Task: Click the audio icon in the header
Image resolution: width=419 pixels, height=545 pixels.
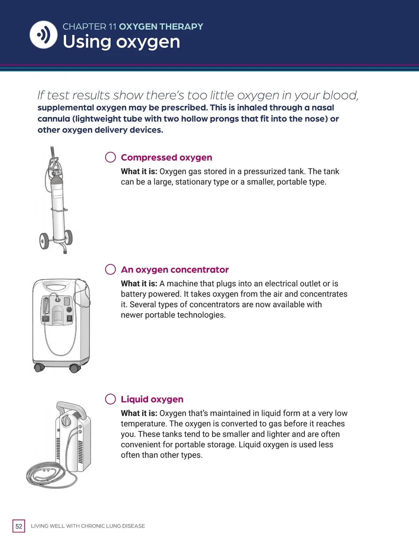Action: [44, 35]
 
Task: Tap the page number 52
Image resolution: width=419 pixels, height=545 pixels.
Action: [19, 526]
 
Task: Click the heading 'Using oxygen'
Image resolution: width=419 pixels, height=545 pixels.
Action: [122, 42]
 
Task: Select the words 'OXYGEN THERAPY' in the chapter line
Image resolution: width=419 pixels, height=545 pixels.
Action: [161, 27]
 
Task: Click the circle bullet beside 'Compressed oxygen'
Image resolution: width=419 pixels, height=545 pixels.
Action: [110, 157]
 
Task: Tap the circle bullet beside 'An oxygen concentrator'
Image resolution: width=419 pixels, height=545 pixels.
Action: [110, 269]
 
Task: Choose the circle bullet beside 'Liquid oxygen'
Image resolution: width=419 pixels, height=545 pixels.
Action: [110, 399]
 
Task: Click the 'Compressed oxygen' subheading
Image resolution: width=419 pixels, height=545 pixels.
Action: [167, 157]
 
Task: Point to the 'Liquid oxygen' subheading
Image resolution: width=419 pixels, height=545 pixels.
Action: [152, 399]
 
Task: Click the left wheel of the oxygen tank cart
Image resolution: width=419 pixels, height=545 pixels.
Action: [44, 241]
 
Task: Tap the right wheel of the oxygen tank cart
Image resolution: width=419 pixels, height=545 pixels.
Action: [68, 237]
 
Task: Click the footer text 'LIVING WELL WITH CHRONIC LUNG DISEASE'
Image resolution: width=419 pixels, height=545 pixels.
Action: [88, 526]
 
